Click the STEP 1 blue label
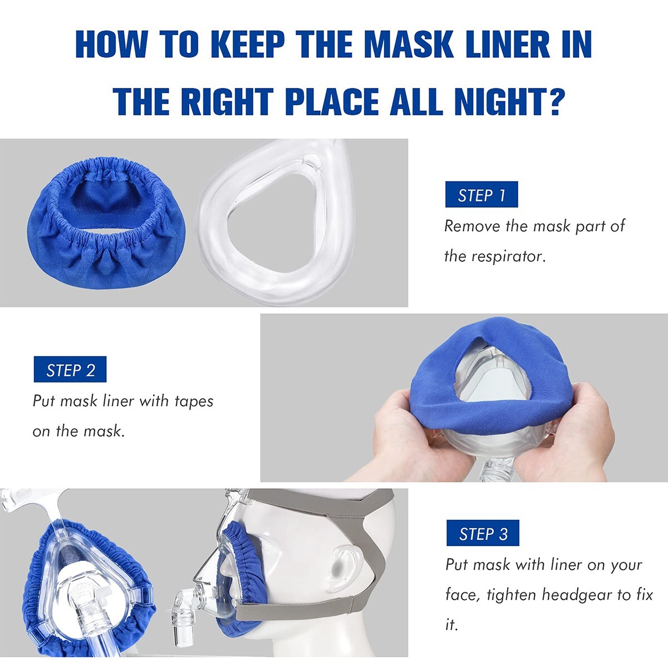[x=482, y=195]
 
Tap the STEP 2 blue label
[x=70, y=370]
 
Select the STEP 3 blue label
[x=483, y=533]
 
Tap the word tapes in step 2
[x=194, y=401]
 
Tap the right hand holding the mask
[x=562, y=434]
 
